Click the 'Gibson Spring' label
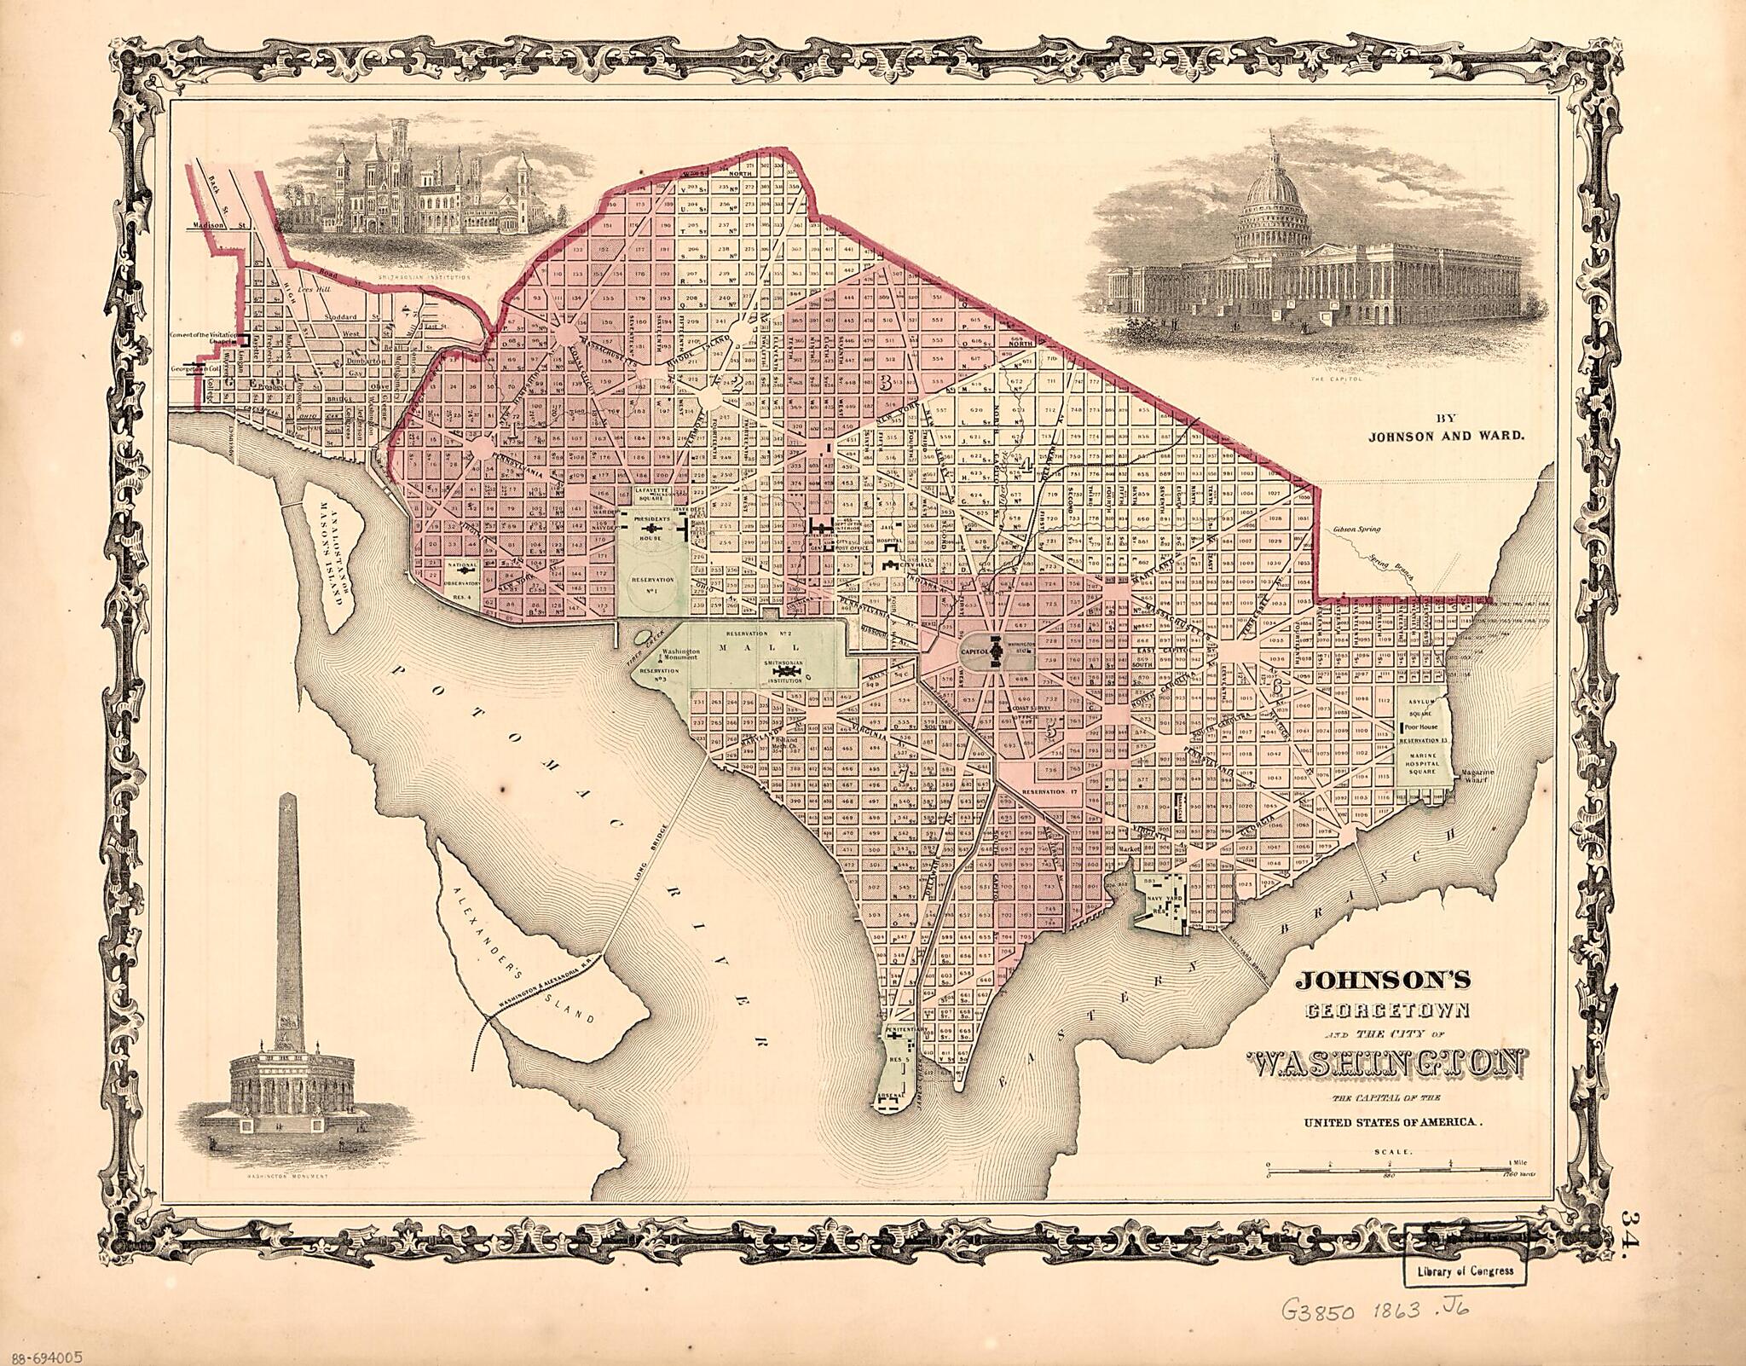(x=1356, y=530)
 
